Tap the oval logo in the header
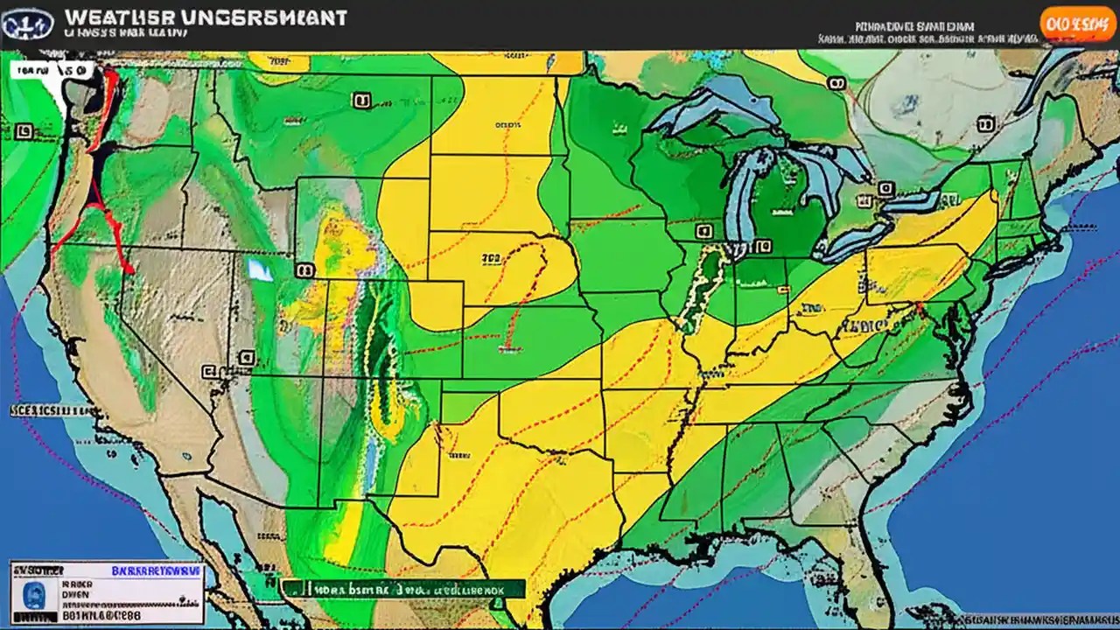pyautogui.click(x=27, y=24)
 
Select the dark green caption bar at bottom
pyautogui.click(x=402, y=589)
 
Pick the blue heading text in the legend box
pyautogui.click(x=157, y=570)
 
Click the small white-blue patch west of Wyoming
pyautogui.click(x=260, y=269)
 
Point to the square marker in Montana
pyautogui.click(x=360, y=101)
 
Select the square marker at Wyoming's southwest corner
pyautogui.click(x=304, y=271)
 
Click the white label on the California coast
pyautogui.click(x=48, y=409)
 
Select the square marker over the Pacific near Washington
pyautogui.click(x=24, y=131)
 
